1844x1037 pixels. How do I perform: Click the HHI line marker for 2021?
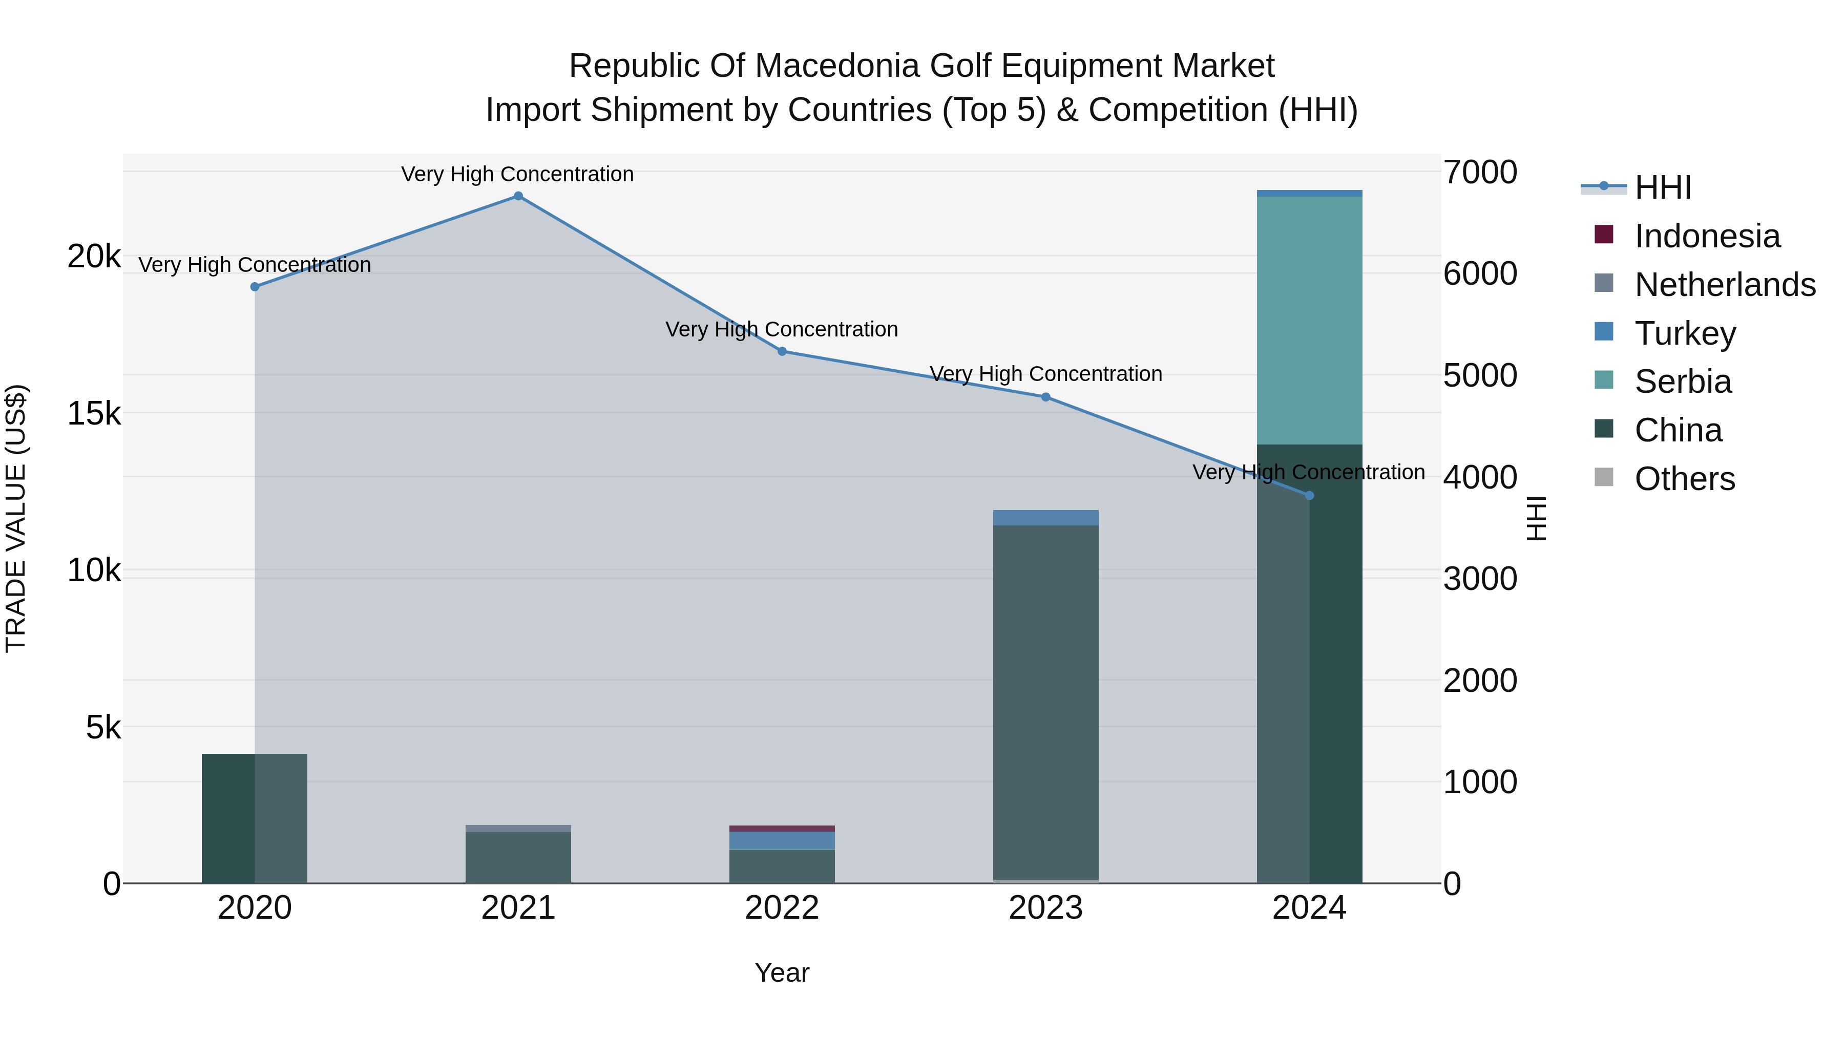(x=518, y=196)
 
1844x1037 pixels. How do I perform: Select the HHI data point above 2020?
(x=255, y=286)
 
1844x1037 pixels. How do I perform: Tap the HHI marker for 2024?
(x=1309, y=495)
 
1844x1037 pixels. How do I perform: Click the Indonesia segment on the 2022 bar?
(x=782, y=828)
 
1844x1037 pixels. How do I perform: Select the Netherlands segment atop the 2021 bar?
(x=518, y=828)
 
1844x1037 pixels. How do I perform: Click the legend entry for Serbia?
(x=1682, y=382)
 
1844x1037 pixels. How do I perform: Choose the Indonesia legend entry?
(x=1707, y=236)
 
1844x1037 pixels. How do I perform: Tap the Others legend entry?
(x=1684, y=479)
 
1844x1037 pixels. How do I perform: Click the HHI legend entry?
(x=1662, y=187)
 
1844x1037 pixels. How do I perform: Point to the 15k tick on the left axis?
(x=94, y=414)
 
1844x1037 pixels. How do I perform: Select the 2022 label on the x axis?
(x=782, y=908)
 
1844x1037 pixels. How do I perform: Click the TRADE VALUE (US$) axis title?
(x=16, y=518)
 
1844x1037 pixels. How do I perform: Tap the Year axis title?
(x=782, y=972)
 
